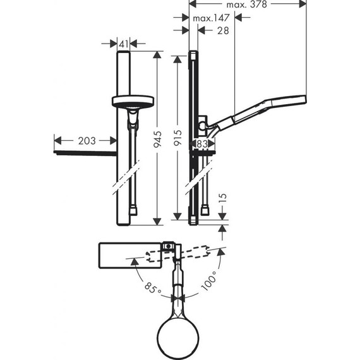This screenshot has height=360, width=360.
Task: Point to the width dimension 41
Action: [123, 43]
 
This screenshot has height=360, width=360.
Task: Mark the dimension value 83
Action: [203, 144]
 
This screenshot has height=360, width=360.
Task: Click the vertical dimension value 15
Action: [222, 201]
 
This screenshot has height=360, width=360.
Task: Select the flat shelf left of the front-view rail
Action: [85, 153]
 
